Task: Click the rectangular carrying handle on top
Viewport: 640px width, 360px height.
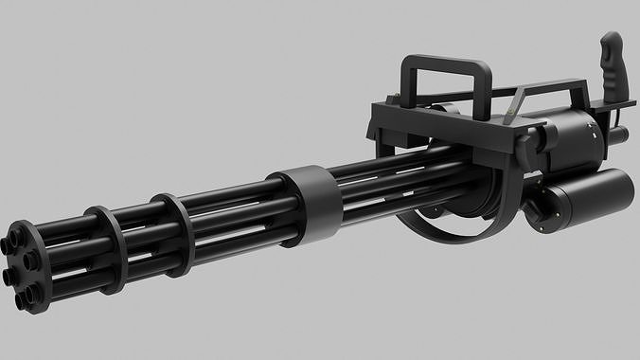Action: (x=445, y=63)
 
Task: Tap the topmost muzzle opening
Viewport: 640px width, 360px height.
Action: (x=18, y=231)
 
